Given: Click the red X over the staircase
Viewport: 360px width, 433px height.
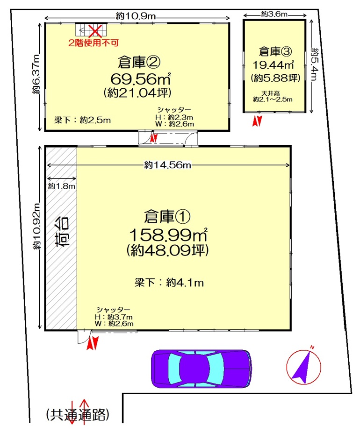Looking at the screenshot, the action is [x=95, y=31].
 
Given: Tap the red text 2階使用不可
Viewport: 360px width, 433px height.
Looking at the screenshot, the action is [x=94, y=43].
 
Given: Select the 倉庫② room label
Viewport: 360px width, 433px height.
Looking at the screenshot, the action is [x=139, y=62].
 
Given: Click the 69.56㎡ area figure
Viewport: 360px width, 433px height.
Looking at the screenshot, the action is [x=141, y=79].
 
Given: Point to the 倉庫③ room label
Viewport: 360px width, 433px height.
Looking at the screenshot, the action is [x=275, y=51].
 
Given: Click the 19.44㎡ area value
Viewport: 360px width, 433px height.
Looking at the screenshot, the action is [x=273, y=65].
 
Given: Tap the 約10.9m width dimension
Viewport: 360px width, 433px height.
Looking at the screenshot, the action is [x=136, y=16].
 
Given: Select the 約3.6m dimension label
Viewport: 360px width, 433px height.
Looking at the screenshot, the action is [x=274, y=14].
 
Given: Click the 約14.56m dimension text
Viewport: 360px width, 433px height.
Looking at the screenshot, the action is [x=167, y=165].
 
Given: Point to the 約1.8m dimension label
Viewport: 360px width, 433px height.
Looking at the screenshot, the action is [x=61, y=186].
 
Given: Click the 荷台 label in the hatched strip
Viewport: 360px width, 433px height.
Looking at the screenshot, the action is [x=62, y=232].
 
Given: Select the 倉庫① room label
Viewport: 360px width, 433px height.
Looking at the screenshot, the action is [x=167, y=217].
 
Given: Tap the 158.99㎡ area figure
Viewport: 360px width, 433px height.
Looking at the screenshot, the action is [x=168, y=235].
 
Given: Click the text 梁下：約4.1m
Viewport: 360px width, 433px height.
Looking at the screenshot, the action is [x=169, y=283].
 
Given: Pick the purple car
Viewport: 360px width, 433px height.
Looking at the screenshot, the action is [x=202, y=369].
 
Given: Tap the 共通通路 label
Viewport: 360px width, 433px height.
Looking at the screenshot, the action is [x=78, y=414].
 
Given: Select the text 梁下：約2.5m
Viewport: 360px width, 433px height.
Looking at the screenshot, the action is [x=82, y=120].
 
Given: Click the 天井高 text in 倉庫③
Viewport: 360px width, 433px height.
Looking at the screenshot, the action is [x=270, y=93].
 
